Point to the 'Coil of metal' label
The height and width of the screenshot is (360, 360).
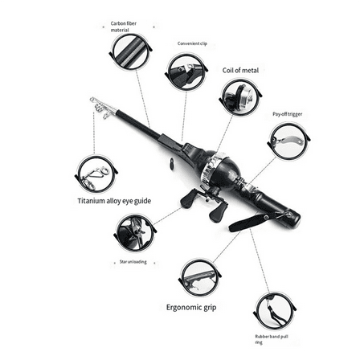[x=239, y=71]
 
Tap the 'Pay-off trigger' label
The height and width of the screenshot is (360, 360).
[x=287, y=115]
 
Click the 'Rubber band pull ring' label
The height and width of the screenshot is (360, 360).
[x=270, y=338]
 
